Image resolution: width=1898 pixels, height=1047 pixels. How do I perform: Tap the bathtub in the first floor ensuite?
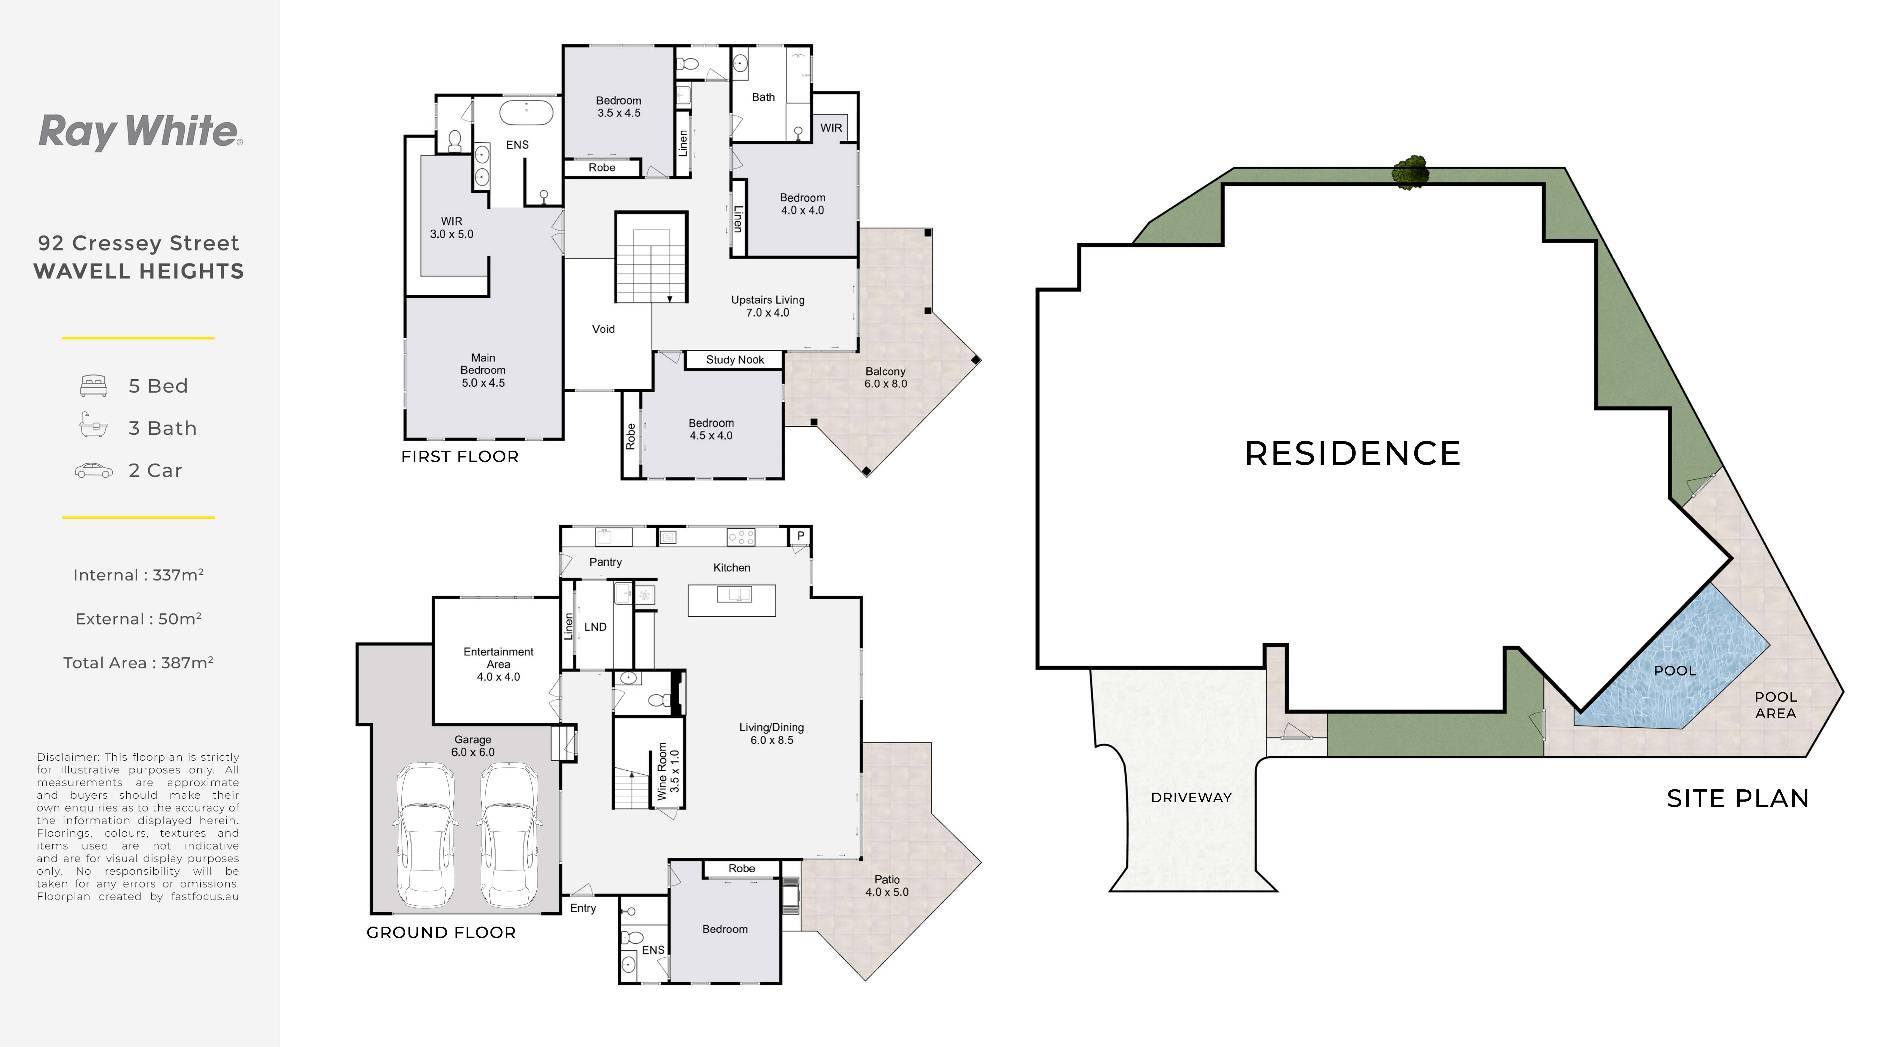(526, 113)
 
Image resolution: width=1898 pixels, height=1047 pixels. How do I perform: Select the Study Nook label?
(735, 360)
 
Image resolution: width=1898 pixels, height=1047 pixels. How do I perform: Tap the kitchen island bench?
(732, 600)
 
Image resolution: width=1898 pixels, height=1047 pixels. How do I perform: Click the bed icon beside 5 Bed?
(93, 385)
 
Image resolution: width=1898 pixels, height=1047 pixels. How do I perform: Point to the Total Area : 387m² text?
(139, 662)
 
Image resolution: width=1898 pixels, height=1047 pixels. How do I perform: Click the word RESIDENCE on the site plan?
(1353, 453)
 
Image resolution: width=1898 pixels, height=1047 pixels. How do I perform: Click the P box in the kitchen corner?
(800, 536)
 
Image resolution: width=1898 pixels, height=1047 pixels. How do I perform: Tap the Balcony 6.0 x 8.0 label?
(886, 377)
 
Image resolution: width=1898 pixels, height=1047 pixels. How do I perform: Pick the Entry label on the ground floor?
(583, 908)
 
